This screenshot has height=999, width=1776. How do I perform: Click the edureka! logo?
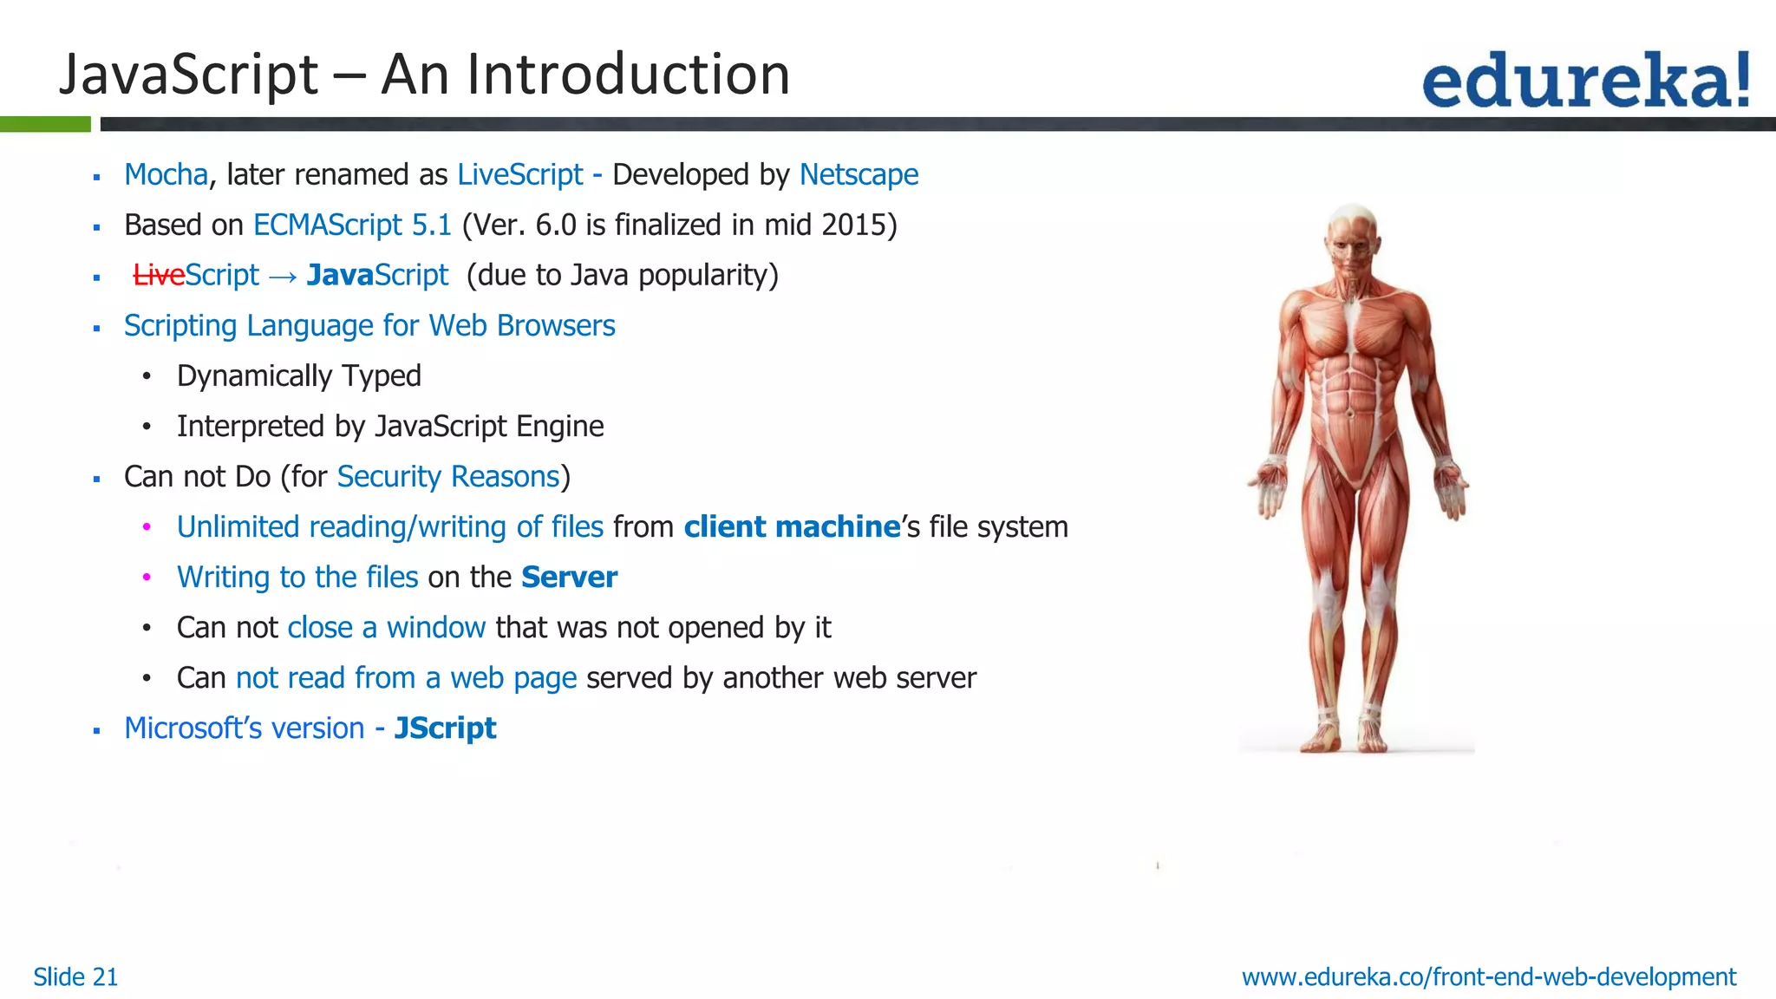1585,81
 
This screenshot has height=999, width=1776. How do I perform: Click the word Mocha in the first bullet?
166,175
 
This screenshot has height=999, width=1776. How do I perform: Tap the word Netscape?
859,175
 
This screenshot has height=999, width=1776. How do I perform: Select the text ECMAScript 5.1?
352,225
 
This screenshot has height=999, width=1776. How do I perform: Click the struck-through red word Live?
159,276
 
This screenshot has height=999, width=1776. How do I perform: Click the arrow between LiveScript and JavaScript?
283,277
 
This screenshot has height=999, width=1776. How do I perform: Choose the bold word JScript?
445,728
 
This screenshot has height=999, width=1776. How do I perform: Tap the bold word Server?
569,578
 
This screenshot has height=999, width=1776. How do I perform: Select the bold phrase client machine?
792,527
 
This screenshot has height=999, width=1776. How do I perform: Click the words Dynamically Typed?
299,376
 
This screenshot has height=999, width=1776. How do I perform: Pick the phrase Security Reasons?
448,477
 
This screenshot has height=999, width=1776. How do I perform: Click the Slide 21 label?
75,977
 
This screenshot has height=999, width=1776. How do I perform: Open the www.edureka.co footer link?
1489,977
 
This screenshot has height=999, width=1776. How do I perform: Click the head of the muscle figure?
1353,238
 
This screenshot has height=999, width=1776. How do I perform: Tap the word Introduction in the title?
628,75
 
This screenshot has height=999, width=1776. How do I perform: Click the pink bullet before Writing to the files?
147,578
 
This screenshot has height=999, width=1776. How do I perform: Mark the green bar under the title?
45,124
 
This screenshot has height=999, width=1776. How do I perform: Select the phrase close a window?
386,628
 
